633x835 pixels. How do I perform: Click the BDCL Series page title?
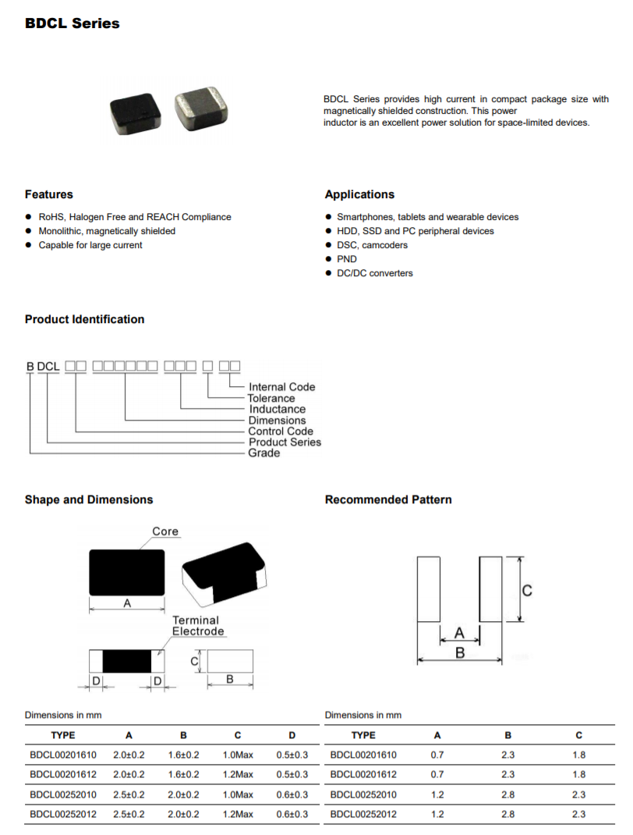[72, 23]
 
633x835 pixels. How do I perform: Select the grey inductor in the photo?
[202, 108]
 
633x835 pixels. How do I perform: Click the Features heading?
[49, 194]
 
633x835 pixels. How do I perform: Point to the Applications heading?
[359, 194]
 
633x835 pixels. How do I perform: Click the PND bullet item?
[347, 259]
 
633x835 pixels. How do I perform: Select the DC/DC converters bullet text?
[375, 273]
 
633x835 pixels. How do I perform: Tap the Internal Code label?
[281, 387]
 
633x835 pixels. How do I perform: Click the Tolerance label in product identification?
[271, 398]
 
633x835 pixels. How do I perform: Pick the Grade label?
[263, 453]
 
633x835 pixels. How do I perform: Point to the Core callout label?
[165, 531]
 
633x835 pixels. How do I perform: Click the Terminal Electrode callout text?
[198, 626]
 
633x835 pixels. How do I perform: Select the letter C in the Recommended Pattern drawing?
[527, 591]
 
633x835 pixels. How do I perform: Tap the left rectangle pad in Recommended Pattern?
[429, 589]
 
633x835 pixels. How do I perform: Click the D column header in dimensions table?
[292, 735]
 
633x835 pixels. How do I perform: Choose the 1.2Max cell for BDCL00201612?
[238, 775]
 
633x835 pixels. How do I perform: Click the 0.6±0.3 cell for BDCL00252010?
[292, 794]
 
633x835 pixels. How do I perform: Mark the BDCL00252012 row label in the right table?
[363, 815]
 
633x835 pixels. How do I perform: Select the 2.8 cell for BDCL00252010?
[508, 794]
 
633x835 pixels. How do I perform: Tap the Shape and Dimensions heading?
[89, 499]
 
